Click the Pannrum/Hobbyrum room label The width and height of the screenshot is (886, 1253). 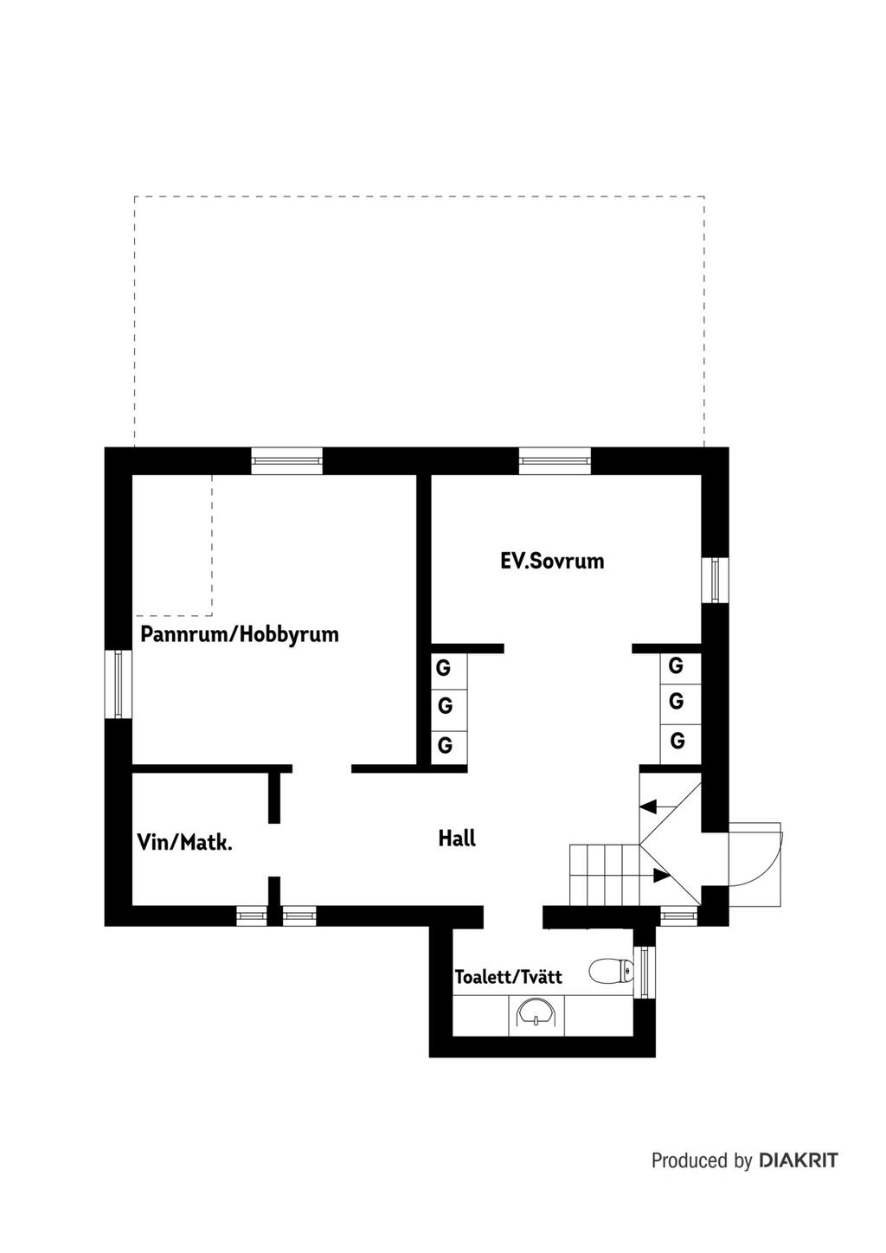tap(240, 635)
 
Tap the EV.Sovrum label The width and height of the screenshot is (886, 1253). tap(552, 561)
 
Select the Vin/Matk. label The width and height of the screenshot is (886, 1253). tap(184, 843)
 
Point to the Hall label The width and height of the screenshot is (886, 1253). tap(457, 839)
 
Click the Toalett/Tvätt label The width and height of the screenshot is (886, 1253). tap(508, 977)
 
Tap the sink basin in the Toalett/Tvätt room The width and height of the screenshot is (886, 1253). tap(536, 1012)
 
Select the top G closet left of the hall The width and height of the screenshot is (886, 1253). tap(448, 668)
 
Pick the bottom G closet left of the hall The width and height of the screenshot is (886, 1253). tap(448, 746)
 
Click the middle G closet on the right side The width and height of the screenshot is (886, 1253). tap(680, 702)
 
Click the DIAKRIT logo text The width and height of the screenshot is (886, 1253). tap(799, 1160)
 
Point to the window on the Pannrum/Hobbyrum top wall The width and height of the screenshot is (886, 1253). tap(286, 460)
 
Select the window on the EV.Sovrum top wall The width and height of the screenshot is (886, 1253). tap(555, 460)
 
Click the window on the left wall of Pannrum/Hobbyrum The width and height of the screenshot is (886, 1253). tap(118, 684)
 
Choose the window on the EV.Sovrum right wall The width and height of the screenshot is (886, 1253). tap(716, 580)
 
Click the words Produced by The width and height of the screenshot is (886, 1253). tap(702, 1160)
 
